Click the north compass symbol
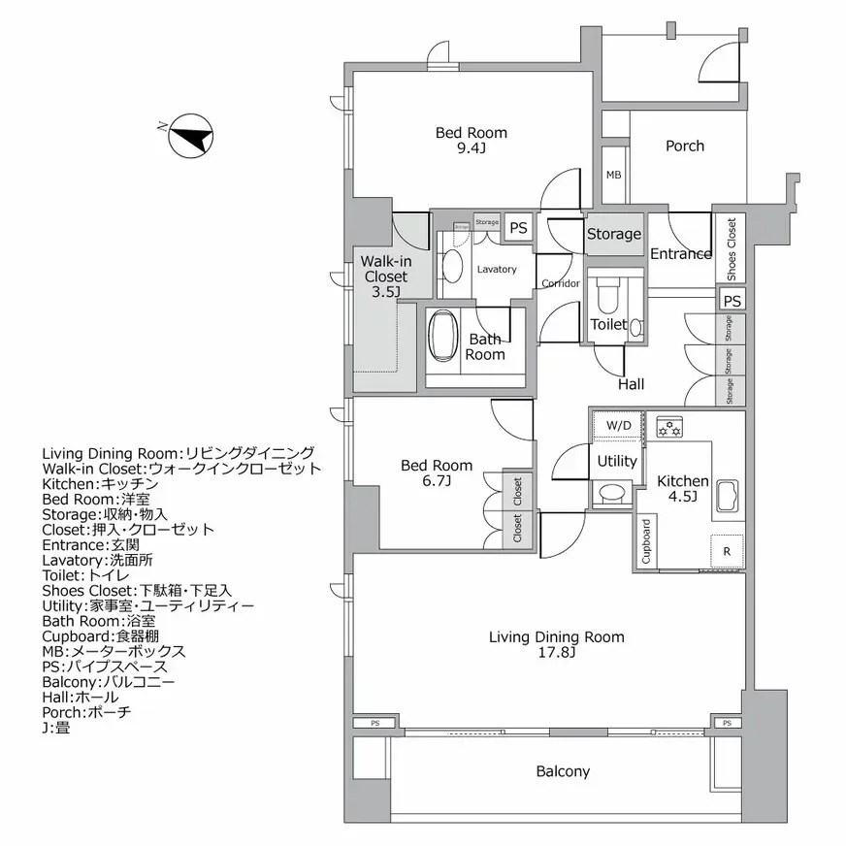tap(190, 135)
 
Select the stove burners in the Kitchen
tap(669, 426)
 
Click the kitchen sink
tap(729, 497)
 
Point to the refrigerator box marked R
tap(727, 552)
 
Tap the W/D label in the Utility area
tap(618, 426)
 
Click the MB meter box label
tap(613, 176)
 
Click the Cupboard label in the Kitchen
tap(646, 541)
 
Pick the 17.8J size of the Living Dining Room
tap(557, 654)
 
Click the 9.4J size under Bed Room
tap(471, 149)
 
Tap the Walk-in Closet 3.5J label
tap(385, 276)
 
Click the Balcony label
tap(563, 771)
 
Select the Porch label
tap(684, 146)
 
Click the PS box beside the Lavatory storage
tap(519, 228)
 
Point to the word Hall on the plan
tap(631, 384)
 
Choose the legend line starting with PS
tap(105, 667)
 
